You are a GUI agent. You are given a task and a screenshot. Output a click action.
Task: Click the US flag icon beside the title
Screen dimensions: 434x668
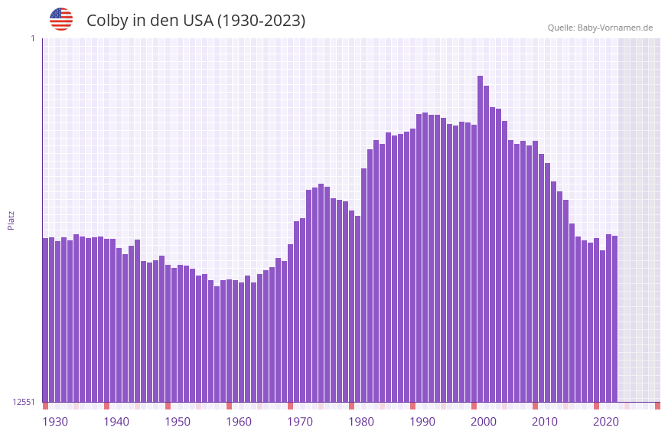61,19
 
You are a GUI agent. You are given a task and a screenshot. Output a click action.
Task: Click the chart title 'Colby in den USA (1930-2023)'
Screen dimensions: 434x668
196,21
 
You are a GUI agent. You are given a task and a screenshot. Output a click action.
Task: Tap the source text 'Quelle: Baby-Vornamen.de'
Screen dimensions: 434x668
600,28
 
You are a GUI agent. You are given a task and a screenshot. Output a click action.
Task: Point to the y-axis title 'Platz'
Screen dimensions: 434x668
11,220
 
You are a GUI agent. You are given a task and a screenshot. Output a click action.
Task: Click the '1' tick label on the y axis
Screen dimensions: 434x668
32,38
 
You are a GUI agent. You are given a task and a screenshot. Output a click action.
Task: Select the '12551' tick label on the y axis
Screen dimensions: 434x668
23,402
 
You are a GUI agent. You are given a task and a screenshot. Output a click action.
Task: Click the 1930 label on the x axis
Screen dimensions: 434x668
55,422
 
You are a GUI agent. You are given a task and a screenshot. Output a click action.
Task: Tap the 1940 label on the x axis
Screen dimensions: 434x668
116,422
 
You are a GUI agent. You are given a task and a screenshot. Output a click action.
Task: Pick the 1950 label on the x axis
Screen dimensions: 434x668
178,422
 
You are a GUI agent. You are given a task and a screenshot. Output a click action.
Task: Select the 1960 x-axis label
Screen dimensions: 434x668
239,422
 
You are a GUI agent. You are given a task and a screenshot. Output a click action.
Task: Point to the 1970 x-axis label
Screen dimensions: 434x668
300,422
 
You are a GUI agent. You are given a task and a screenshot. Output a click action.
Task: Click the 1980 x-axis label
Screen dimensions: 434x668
361,422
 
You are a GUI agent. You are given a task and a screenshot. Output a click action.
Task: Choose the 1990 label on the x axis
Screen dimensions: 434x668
422,422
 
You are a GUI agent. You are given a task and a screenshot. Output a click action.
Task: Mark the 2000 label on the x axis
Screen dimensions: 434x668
484,422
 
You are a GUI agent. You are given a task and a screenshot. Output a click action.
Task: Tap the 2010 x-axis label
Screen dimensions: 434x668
545,422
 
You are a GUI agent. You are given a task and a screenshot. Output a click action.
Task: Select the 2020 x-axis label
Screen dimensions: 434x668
606,422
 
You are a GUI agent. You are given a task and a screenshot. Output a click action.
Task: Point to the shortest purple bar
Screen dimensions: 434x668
217,344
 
